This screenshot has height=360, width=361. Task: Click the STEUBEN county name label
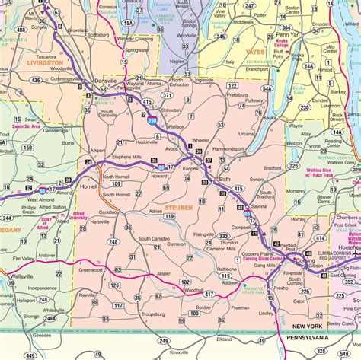tap(179, 207)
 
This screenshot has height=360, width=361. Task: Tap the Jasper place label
tap(163, 273)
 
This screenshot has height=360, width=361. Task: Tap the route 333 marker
tap(224, 236)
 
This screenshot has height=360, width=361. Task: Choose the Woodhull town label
tap(193, 289)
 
